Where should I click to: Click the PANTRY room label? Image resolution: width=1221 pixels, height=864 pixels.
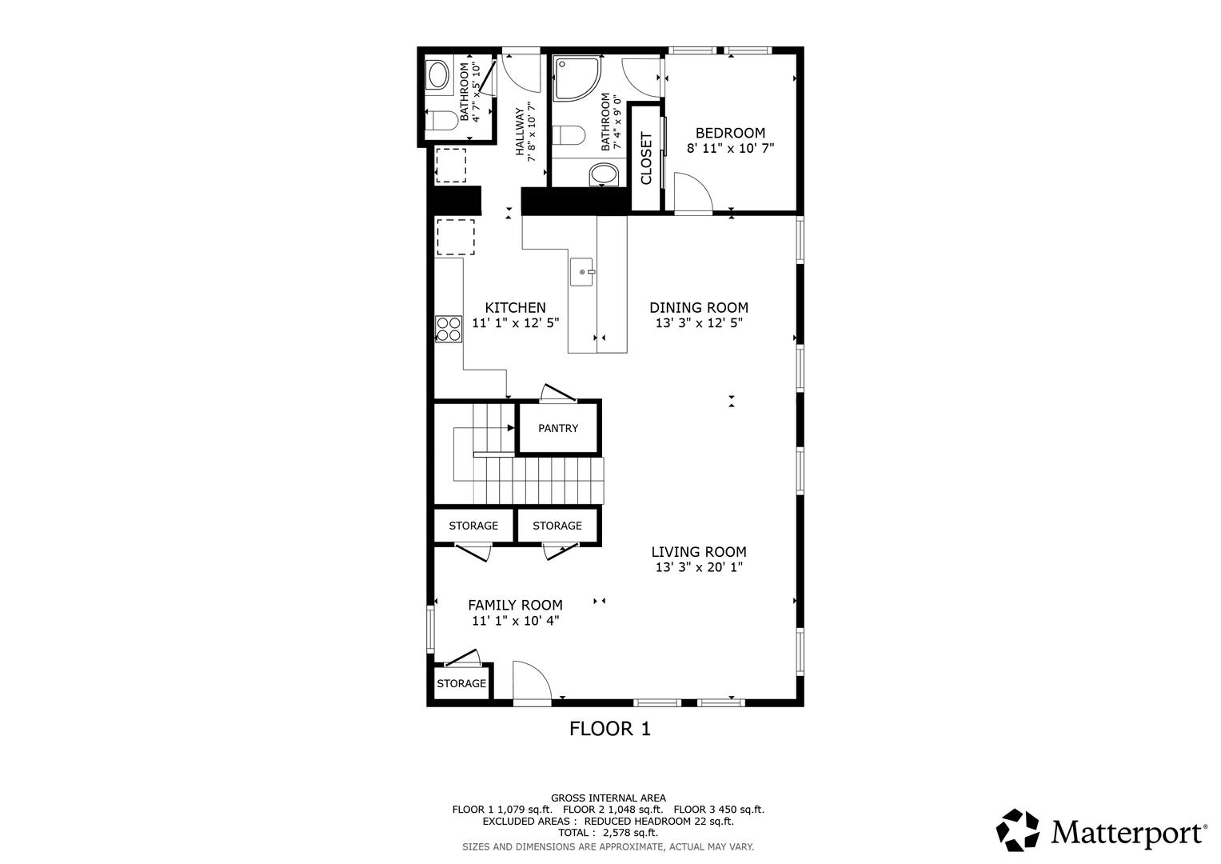558,428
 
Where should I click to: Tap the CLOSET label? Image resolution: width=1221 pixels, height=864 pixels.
646,158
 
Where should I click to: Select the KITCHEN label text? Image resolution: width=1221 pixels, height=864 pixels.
515,308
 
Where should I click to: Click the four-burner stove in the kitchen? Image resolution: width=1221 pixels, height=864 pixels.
449,330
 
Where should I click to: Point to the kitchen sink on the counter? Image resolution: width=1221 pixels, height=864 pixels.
582,272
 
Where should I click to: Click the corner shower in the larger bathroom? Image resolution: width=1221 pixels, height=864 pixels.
577,78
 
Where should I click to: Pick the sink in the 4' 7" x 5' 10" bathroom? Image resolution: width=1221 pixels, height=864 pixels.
437,74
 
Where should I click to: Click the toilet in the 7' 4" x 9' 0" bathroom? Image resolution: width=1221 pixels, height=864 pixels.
569,134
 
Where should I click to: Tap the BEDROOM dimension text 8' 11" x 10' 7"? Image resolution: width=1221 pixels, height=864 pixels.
730,148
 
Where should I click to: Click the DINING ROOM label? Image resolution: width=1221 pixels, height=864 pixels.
699,308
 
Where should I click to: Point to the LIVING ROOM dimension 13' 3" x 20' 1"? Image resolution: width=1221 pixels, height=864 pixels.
699,567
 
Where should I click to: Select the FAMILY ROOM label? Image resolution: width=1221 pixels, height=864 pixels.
515,605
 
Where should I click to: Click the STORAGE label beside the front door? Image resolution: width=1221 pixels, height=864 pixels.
461,683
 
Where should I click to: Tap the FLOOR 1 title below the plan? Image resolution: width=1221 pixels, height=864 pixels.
610,729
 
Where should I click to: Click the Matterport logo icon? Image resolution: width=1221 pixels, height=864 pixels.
1017,830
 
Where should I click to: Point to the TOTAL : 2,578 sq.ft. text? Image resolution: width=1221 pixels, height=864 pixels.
608,833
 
